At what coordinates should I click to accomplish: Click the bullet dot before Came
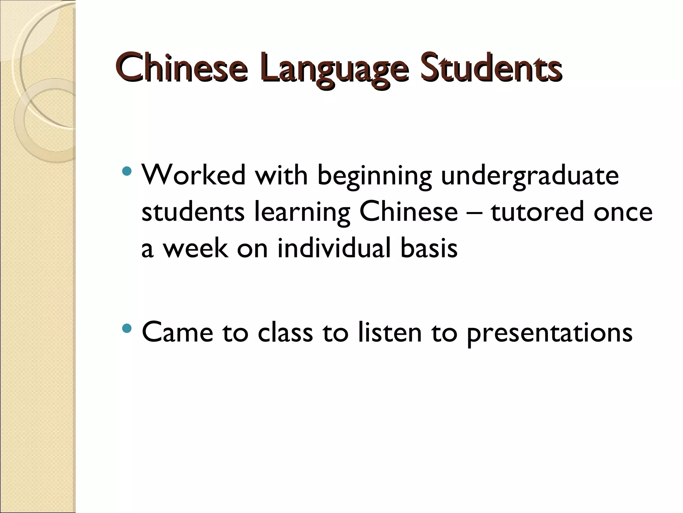[127, 329]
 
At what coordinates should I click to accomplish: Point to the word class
[285, 333]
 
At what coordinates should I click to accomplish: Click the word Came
[177, 333]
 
